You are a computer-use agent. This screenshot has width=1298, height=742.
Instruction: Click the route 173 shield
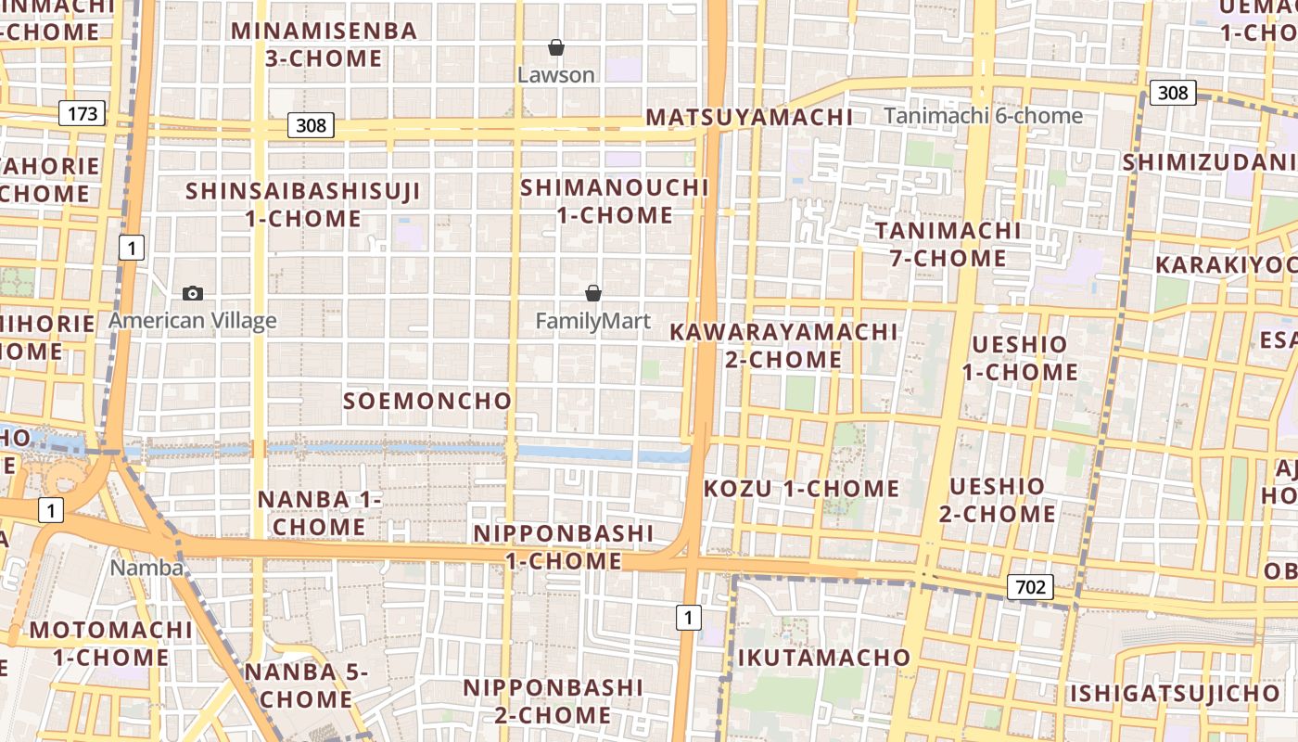pos(83,114)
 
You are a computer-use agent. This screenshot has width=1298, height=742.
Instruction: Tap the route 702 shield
pos(1030,586)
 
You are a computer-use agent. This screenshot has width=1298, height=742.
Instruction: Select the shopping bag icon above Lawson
pos(556,46)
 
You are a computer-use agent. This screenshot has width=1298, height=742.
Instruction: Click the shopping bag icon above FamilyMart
pos(593,293)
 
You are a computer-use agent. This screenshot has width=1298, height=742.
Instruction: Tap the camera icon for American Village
pos(193,293)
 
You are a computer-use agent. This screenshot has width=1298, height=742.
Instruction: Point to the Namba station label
pos(146,568)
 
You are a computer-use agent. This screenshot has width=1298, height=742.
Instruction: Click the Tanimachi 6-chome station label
pos(983,116)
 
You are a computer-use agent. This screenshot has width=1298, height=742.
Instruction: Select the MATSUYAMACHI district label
pos(749,117)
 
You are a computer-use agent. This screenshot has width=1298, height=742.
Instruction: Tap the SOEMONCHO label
pos(427,401)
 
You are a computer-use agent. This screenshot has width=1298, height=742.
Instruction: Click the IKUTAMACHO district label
pos(824,658)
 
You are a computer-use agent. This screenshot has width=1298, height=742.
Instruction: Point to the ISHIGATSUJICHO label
pos(1176,693)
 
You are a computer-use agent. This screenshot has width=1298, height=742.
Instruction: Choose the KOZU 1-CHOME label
pos(802,489)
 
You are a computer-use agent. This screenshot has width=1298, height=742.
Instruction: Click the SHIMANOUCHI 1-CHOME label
pos(615,201)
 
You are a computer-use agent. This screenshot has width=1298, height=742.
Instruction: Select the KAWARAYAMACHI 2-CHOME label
pos(784,345)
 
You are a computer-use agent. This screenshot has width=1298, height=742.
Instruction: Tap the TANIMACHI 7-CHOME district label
pos(948,244)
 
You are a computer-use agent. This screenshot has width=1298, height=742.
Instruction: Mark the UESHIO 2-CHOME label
pos(998,500)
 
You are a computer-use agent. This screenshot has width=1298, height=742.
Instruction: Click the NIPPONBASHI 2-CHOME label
pos(553,701)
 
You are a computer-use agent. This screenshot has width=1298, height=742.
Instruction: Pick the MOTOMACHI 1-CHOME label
pos(111,644)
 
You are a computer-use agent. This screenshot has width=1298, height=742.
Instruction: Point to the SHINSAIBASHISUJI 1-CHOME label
pos(303,205)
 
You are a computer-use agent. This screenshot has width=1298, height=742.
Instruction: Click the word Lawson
pos(556,75)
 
